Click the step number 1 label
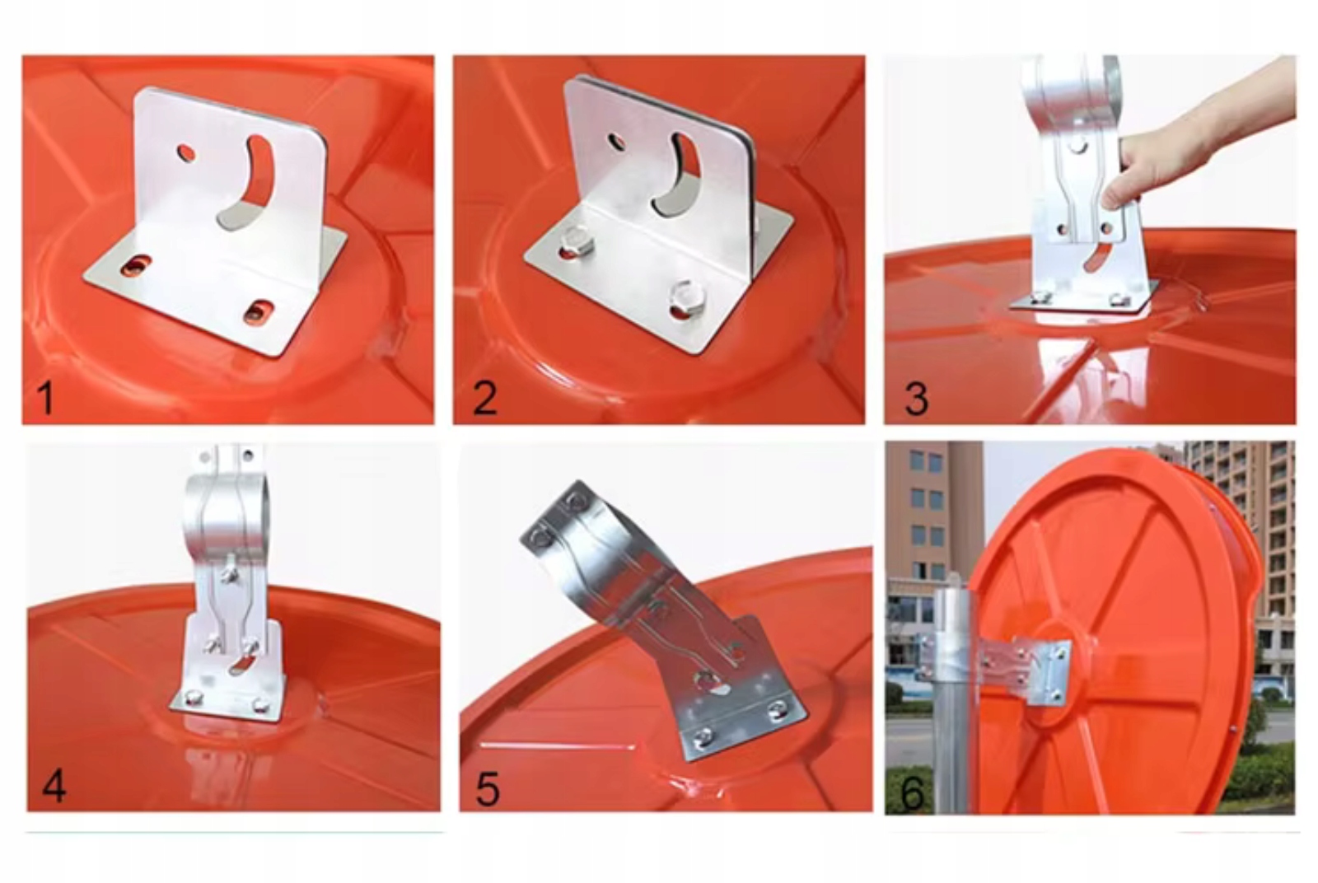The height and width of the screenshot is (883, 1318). [44, 398]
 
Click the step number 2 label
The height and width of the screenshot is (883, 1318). [484, 398]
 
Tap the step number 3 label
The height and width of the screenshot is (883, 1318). [915, 399]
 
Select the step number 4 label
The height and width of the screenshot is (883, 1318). [54, 787]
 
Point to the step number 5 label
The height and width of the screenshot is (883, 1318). [487, 789]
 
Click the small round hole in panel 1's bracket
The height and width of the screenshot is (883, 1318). [186, 153]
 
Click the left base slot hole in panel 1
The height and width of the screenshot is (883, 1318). [136, 266]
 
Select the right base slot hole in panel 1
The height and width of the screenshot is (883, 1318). [259, 312]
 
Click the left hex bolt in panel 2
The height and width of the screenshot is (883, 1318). [575, 240]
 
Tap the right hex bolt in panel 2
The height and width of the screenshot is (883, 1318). [687, 297]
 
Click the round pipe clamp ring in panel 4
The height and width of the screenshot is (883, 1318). [226, 512]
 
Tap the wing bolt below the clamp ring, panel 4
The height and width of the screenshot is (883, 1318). [230, 572]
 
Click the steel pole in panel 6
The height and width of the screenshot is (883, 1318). [951, 700]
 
